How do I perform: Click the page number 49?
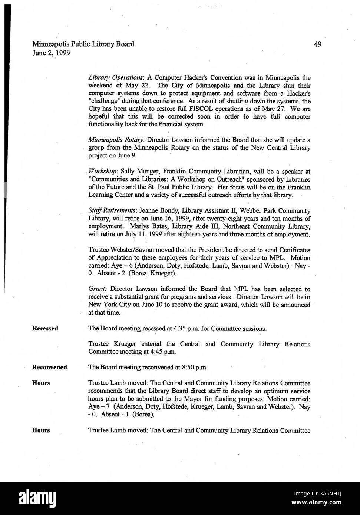click(317, 44)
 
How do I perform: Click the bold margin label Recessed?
click(45, 328)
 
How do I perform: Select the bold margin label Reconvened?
click(50, 367)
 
